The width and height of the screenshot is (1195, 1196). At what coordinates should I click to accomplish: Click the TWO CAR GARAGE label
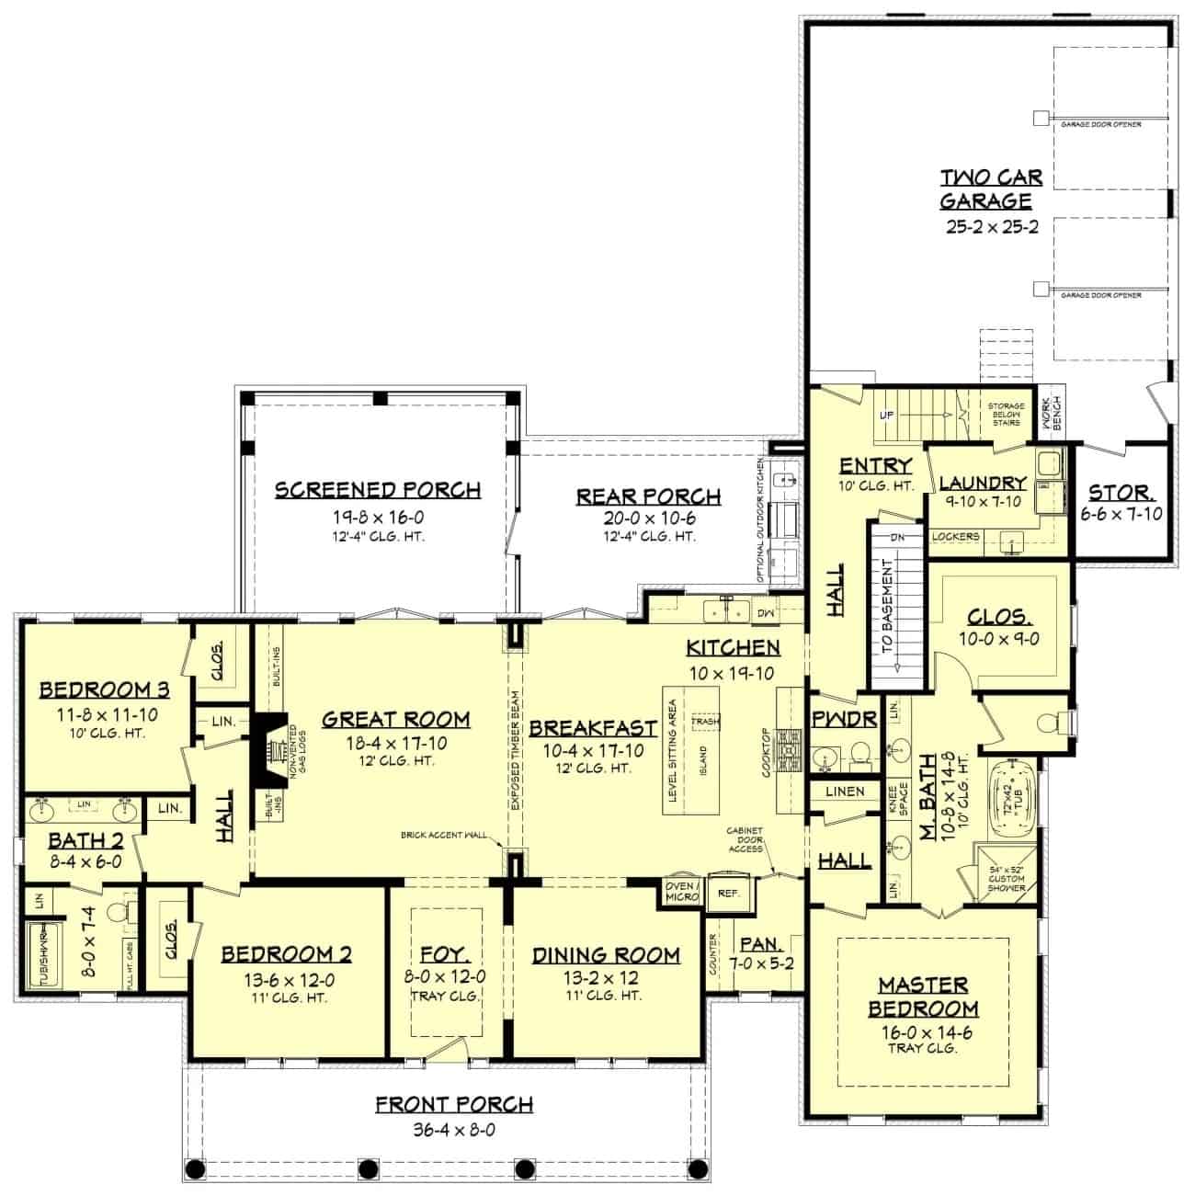pos(990,188)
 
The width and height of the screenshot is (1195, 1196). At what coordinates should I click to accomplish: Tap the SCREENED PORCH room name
pos(378,490)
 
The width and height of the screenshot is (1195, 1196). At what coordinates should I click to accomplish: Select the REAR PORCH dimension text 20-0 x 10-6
pos(649,518)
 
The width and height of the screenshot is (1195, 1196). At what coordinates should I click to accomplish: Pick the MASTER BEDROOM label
pos(923,997)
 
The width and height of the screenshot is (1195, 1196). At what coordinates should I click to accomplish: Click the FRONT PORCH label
pos(454,1103)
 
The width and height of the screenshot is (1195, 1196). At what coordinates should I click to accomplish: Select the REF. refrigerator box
pos(729,892)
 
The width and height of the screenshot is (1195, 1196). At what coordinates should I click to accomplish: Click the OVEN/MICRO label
pos(682,891)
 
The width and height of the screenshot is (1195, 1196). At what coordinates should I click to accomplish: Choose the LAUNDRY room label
pos(983,483)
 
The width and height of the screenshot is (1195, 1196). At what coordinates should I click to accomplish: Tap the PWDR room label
pos(845,719)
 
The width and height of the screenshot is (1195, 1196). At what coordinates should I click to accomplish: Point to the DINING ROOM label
pos(606,955)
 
